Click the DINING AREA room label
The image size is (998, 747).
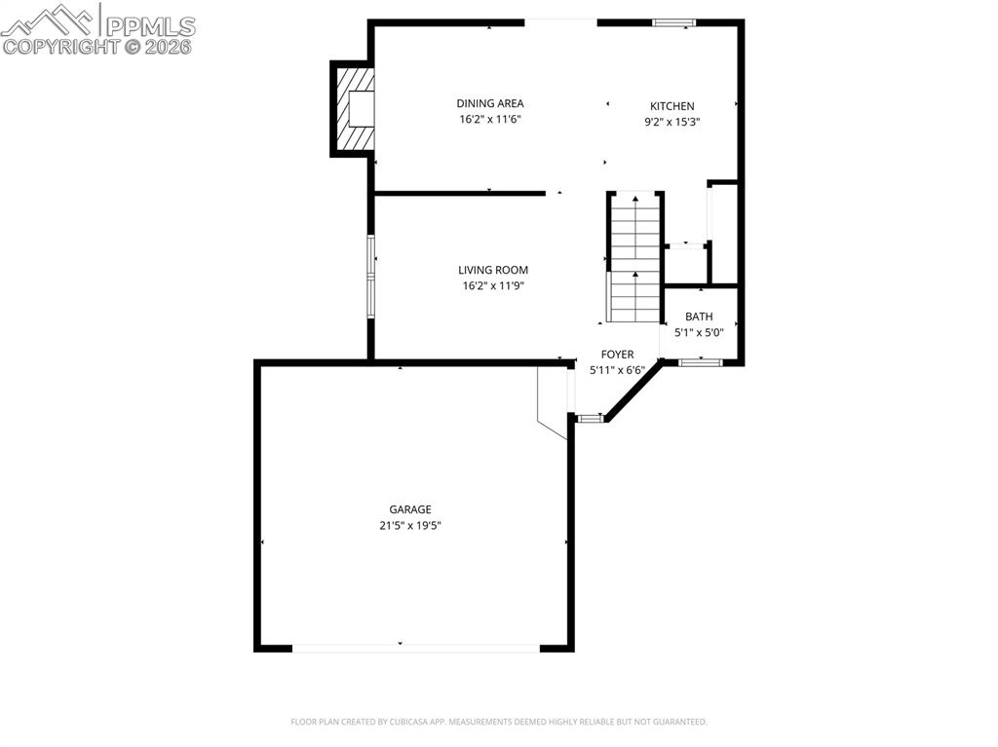click(x=490, y=103)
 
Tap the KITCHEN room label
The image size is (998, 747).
click(x=672, y=106)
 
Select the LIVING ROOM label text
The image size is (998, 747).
click(x=493, y=270)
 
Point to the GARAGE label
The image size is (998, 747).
click(x=410, y=509)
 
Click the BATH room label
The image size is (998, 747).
click(x=699, y=317)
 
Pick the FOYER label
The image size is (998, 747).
click(x=617, y=355)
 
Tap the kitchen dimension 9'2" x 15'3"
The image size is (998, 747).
click(x=672, y=122)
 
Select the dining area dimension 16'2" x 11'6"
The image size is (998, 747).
click(x=490, y=119)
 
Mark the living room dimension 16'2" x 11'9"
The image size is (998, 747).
click(x=493, y=285)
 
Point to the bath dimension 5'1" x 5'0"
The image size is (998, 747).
click(x=699, y=332)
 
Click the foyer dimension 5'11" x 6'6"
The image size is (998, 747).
click(x=617, y=370)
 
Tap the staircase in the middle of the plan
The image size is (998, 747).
click(x=635, y=258)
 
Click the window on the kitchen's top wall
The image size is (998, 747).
click(x=673, y=21)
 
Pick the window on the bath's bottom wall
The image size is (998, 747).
click(x=700, y=362)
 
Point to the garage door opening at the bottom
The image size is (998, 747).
click(x=416, y=647)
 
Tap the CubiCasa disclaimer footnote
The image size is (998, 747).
click(x=499, y=722)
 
